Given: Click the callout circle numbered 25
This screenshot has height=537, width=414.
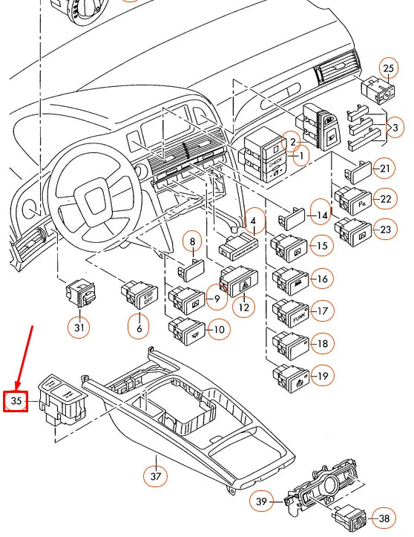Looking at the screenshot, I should (388, 68).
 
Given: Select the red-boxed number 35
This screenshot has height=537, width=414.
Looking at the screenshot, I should (16, 401).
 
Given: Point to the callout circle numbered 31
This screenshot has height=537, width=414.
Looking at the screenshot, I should (79, 325).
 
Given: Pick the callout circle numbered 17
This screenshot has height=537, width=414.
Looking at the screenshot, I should (321, 310).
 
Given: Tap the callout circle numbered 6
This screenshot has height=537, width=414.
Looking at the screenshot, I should (139, 325).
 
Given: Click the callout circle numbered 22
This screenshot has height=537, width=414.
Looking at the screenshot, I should (384, 200).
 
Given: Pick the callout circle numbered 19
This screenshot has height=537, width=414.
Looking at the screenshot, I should (321, 377).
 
